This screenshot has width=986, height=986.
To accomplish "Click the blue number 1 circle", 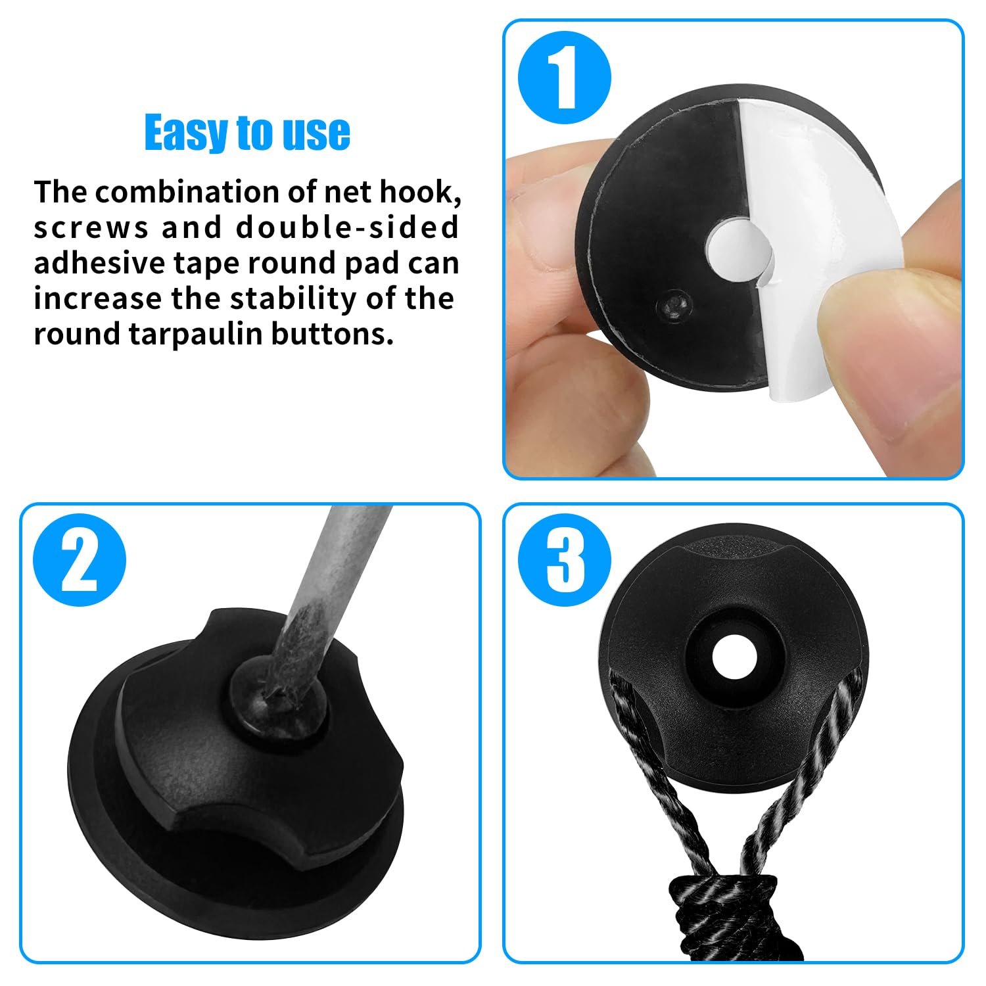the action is point(565,78).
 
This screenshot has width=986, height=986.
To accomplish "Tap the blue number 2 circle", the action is point(80,560).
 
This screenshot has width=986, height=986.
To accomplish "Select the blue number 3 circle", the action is point(565,560).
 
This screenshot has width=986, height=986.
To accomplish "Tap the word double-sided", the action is point(348,227).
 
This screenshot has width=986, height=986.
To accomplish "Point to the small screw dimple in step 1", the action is point(674,304).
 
